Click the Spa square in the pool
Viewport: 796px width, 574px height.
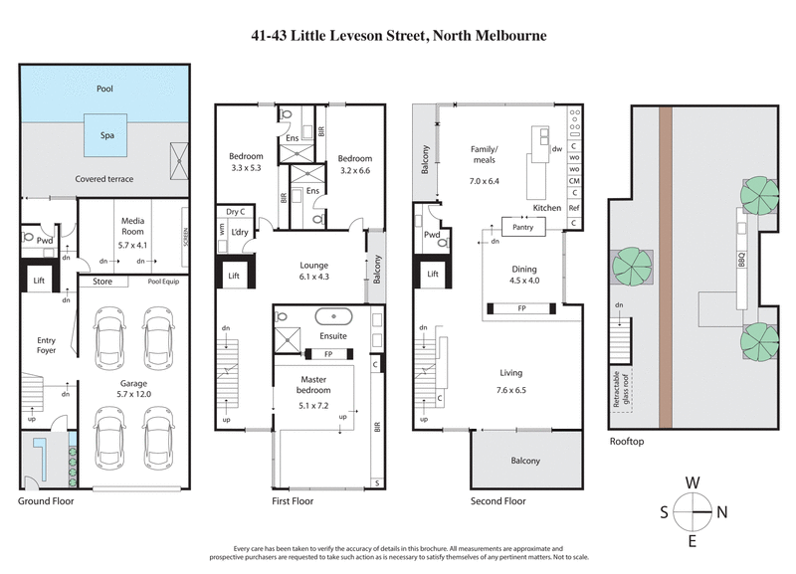tap(104, 134)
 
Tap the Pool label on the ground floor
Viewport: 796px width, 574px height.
tap(104, 89)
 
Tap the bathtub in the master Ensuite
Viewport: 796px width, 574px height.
tap(333, 319)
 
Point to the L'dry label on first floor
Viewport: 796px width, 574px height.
tap(239, 232)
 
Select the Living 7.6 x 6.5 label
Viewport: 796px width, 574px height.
tap(517, 379)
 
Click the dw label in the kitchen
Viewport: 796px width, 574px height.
tap(557, 149)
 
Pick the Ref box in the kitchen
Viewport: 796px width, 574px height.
tap(574, 209)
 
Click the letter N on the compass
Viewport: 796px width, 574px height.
tap(722, 512)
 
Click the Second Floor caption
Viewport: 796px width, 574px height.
tap(498, 501)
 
